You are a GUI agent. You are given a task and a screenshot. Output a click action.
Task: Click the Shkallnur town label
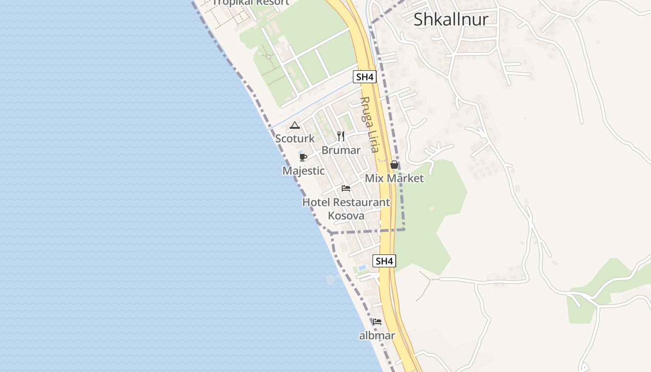[x=451, y=19]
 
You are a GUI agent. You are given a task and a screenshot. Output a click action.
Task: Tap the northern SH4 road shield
[x=364, y=77]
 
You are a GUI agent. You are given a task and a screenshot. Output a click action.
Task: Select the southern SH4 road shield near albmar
[x=384, y=261]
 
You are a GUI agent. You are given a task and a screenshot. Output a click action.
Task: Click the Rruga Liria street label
[x=370, y=124]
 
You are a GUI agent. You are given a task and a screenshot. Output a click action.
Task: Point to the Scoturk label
[x=295, y=139]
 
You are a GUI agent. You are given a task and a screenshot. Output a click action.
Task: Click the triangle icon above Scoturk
[x=294, y=125]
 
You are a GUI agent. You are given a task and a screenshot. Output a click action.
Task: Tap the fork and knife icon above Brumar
[x=341, y=136]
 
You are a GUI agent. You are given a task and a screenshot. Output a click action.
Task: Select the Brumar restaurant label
[x=341, y=150]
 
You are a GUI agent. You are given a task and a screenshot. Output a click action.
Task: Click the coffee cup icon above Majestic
[x=303, y=157]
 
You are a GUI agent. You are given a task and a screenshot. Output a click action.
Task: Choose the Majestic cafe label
[x=304, y=171]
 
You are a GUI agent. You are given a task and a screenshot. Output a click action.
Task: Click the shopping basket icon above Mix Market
[x=394, y=165]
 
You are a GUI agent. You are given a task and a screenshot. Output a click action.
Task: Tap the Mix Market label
[x=394, y=178]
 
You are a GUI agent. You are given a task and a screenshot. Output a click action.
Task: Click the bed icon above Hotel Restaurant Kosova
[x=346, y=188]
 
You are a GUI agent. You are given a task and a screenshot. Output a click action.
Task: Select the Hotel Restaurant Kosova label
[x=346, y=209]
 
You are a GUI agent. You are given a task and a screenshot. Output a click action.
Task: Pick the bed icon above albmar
[x=377, y=321]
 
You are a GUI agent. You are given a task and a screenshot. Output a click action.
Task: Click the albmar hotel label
[x=377, y=335]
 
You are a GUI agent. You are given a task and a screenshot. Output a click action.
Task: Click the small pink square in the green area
[x=432, y=208]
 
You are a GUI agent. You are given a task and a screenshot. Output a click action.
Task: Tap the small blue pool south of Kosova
[x=362, y=268]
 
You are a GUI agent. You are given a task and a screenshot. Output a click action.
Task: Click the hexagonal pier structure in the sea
[x=331, y=279]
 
